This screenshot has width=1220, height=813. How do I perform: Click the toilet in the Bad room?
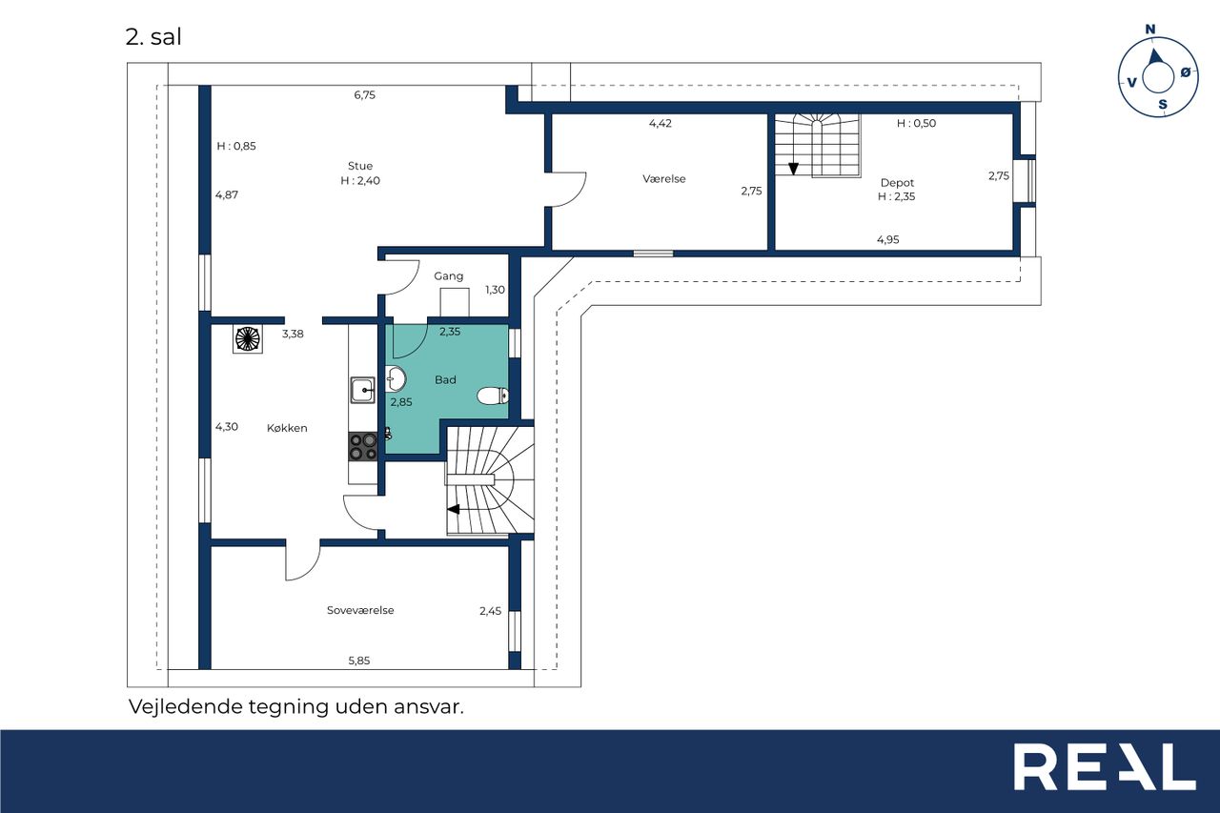point(493,396)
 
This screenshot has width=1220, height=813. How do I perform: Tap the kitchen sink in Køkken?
point(362,390)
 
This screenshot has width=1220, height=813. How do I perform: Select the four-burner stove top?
point(363,447)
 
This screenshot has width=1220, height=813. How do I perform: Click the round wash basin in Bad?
point(396,379)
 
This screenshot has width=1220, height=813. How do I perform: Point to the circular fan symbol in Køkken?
point(248,338)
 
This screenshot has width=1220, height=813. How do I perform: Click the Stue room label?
point(360,166)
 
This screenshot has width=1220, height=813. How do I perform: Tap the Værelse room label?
point(664,178)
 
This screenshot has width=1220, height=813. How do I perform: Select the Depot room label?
point(897,183)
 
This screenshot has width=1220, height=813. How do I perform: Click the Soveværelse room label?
point(360,610)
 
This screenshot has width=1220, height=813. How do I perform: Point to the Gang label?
point(448,276)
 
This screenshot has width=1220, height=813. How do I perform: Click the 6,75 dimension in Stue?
point(364,94)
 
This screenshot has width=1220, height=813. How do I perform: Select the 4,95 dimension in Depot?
point(887,239)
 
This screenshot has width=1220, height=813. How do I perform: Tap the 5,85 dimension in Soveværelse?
point(359,661)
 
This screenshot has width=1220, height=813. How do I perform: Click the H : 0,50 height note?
point(916,123)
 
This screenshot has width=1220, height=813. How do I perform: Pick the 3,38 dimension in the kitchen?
point(293,334)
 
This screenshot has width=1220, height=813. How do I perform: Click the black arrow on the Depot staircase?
point(793,169)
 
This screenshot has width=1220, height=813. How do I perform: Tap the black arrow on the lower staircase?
point(453,509)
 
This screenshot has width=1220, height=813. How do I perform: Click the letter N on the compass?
point(1150,30)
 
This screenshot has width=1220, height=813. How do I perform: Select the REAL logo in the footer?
point(1105,766)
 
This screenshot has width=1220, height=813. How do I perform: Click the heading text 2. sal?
point(153,37)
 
